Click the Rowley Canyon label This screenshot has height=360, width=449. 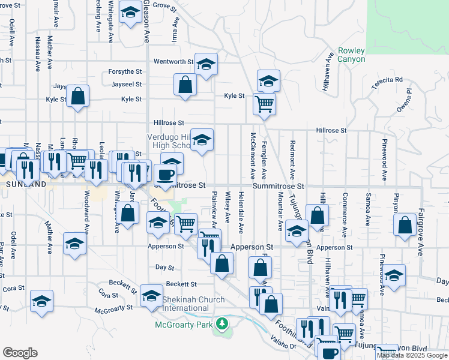click(x=351, y=55)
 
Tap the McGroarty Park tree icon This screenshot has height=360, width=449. click(x=223, y=324)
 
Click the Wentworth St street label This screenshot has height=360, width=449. click(x=173, y=61)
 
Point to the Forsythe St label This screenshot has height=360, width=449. click(x=125, y=72)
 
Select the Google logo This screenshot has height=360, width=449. click(x=20, y=353)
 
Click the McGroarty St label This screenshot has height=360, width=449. click(x=112, y=310)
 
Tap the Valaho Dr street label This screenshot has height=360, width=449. click(x=283, y=346)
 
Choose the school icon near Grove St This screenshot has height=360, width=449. click(x=130, y=12)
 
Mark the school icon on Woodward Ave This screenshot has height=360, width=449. click(x=74, y=243)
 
